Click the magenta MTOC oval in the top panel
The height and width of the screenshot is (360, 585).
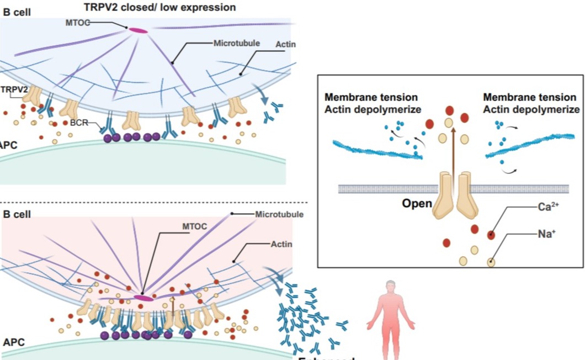point(139,30)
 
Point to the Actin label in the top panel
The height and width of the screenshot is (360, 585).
point(284,44)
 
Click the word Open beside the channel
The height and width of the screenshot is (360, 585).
point(417,203)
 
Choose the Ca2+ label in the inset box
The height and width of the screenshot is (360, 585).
point(549,208)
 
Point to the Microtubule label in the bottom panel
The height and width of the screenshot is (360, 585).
point(279,214)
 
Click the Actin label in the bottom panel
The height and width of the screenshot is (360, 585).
point(281,243)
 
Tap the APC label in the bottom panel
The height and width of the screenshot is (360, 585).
point(14,342)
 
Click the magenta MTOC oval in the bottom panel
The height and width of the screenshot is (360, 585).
point(143,298)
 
